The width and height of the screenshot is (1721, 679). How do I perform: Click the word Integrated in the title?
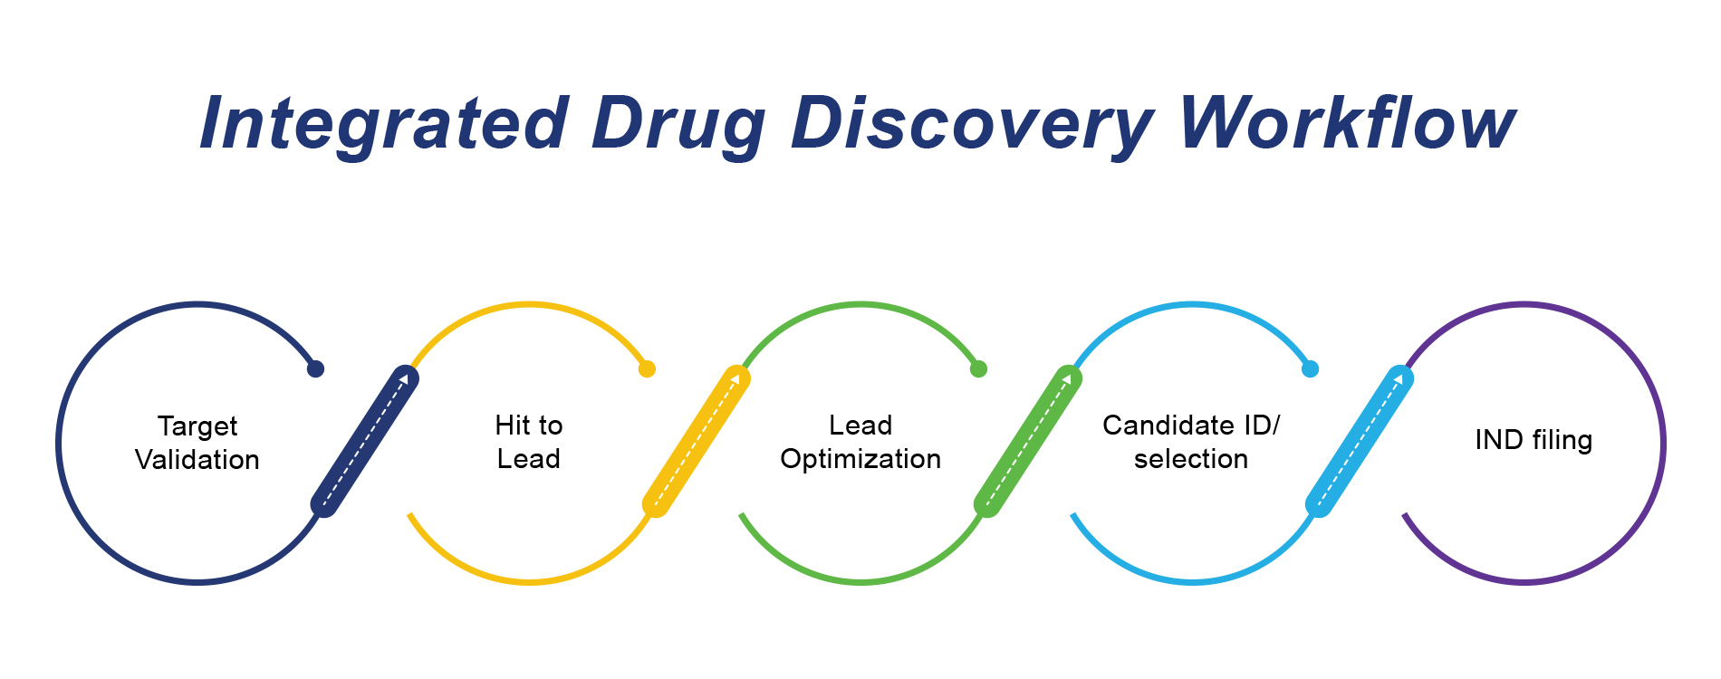tap(384, 124)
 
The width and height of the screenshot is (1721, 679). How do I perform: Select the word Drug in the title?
tap(678, 124)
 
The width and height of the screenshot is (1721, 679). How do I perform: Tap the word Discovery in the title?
tap(973, 124)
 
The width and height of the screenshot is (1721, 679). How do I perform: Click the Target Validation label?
tap(197, 443)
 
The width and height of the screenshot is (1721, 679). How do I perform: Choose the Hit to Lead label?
tap(529, 442)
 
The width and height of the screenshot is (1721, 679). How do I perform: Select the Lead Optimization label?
tap(860, 442)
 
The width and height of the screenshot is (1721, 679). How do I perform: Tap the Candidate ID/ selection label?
tap(1191, 442)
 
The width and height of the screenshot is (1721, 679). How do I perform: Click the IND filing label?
tap(1534, 440)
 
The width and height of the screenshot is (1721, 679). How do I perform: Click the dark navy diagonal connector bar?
tap(365, 441)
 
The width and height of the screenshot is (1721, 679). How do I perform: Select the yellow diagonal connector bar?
tap(697, 441)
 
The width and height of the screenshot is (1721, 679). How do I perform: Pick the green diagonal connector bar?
tap(1028, 441)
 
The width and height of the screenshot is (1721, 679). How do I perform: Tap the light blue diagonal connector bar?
tap(1360, 441)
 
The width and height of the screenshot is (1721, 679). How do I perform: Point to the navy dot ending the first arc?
tap(315, 368)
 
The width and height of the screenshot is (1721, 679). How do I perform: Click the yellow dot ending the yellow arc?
tap(647, 368)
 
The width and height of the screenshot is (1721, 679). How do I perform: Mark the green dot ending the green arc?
tap(978, 368)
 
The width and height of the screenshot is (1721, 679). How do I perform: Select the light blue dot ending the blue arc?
tap(1310, 368)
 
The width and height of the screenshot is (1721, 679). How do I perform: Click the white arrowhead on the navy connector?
tap(404, 379)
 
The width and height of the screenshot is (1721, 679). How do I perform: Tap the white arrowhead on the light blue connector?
tap(1399, 379)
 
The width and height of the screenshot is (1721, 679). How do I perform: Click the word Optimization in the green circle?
tap(860, 460)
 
